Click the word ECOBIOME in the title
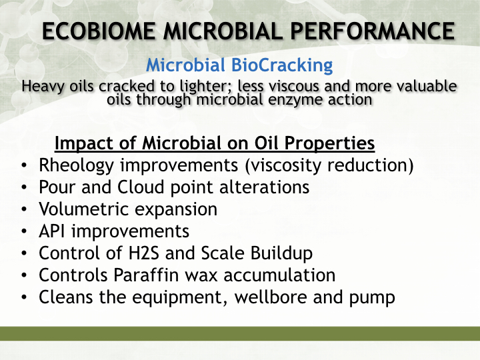[x=99, y=31]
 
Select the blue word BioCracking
[x=282, y=65]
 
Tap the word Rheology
[x=76, y=165]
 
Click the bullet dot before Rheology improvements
[x=24, y=165]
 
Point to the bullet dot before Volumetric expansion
[x=24, y=209]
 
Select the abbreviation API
[x=52, y=231]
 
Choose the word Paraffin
[x=146, y=275]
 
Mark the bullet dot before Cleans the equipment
[x=24, y=297]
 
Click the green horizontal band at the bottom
[x=240, y=334]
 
